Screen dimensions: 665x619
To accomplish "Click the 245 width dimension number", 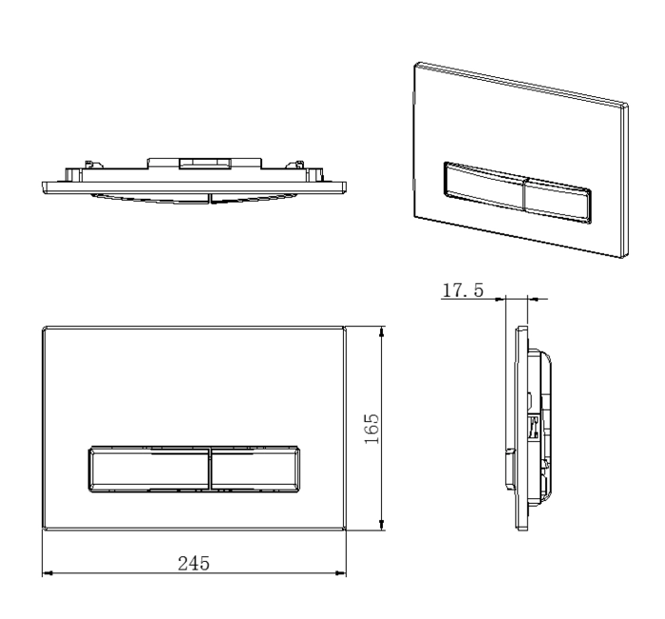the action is point(194,564).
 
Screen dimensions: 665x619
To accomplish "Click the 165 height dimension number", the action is point(372,429).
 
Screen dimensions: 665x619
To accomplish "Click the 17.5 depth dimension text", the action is point(463,290).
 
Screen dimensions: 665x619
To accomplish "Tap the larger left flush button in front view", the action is point(149,469).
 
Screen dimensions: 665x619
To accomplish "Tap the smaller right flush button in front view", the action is point(255,469).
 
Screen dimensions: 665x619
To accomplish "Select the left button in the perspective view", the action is point(484,186).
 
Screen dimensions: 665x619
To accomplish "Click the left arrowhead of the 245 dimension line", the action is point(47,573).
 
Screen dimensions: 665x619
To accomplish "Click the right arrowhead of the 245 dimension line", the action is point(340,573).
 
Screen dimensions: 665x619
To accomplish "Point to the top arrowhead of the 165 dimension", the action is point(382,332).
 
